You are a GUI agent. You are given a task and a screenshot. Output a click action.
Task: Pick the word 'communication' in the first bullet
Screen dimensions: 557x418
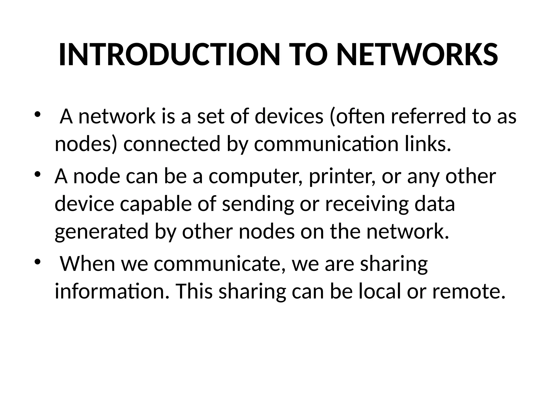326,144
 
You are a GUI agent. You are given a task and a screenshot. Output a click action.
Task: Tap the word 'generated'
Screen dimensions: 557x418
102,232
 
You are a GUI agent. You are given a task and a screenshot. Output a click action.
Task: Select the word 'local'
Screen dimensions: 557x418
379,292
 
